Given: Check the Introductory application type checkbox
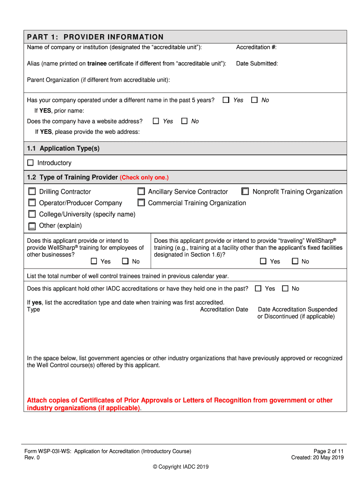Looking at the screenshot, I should point(30,163).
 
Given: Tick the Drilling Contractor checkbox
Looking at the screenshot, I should point(32,191).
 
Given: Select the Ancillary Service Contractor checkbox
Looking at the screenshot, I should point(141,191).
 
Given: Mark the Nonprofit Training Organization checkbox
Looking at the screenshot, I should point(245,191).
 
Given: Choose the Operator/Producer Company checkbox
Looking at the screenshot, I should point(32,203).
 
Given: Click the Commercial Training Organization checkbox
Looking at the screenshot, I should point(141,203).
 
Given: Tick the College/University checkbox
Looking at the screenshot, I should point(32,214).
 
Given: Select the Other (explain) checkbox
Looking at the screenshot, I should point(32,226).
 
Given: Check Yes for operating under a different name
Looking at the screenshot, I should point(226,100).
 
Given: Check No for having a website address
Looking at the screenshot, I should point(184,121).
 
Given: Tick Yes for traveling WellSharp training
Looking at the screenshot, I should point(263,261).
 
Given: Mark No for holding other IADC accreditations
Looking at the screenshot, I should point(285,289).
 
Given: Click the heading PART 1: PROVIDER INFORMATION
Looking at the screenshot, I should point(95,37).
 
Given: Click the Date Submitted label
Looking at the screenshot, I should point(257,64).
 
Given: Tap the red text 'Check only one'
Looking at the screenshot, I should point(144,178).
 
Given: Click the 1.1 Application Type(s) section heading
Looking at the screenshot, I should point(63,148).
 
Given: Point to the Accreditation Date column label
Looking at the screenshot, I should point(224,310).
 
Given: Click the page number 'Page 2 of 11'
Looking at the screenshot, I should point(328,451).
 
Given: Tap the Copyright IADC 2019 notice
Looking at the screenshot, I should point(180,467).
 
